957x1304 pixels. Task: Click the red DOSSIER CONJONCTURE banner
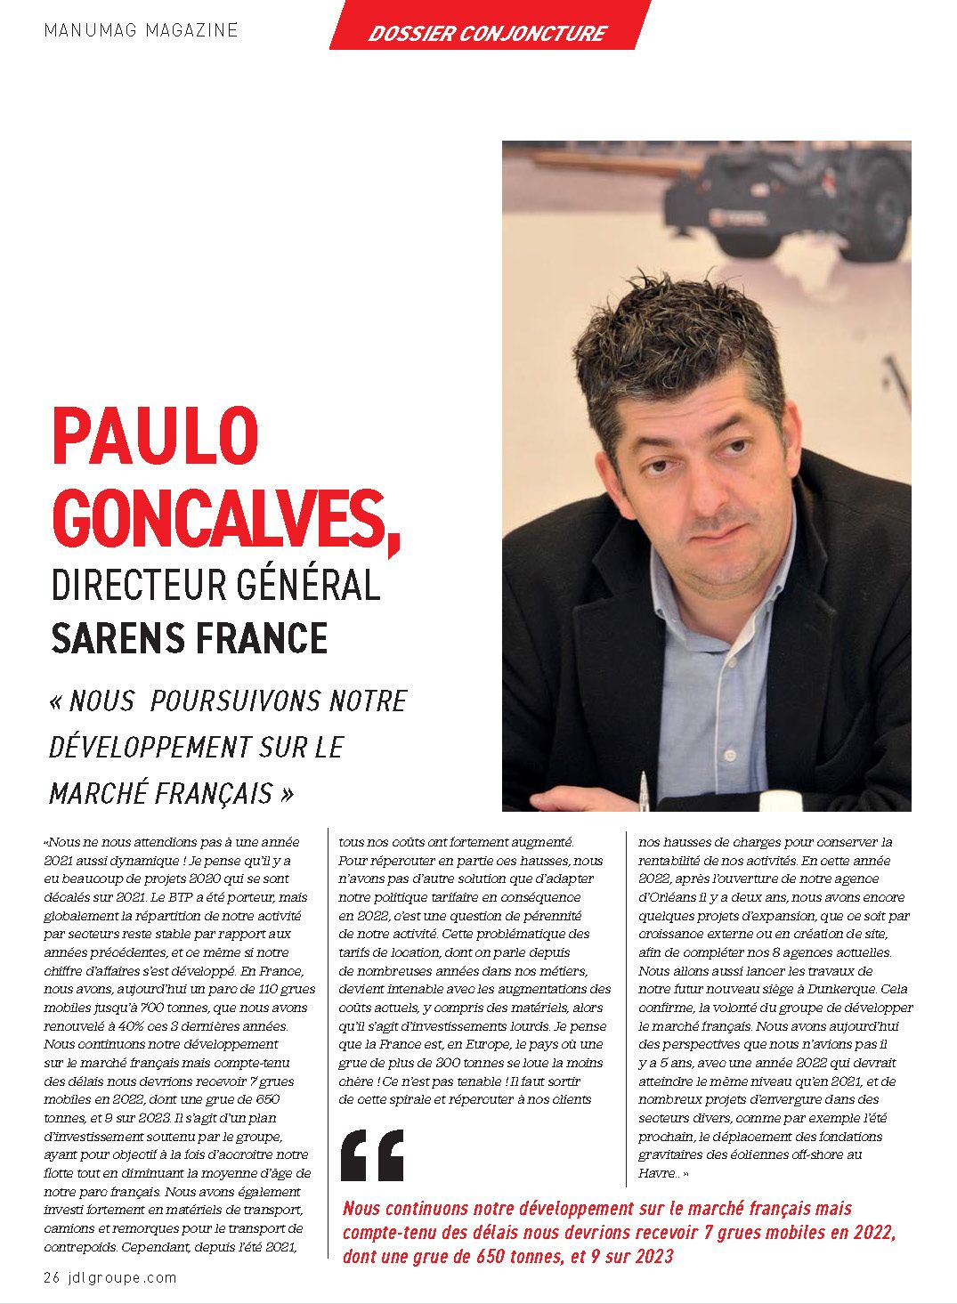[487, 33]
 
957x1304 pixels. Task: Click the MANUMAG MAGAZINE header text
[141, 30]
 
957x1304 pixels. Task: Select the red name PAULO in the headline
[156, 436]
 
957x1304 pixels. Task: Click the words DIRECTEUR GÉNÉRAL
[216, 586]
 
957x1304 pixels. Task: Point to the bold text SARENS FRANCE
[190, 638]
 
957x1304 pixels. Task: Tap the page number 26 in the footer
[52, 1278]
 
